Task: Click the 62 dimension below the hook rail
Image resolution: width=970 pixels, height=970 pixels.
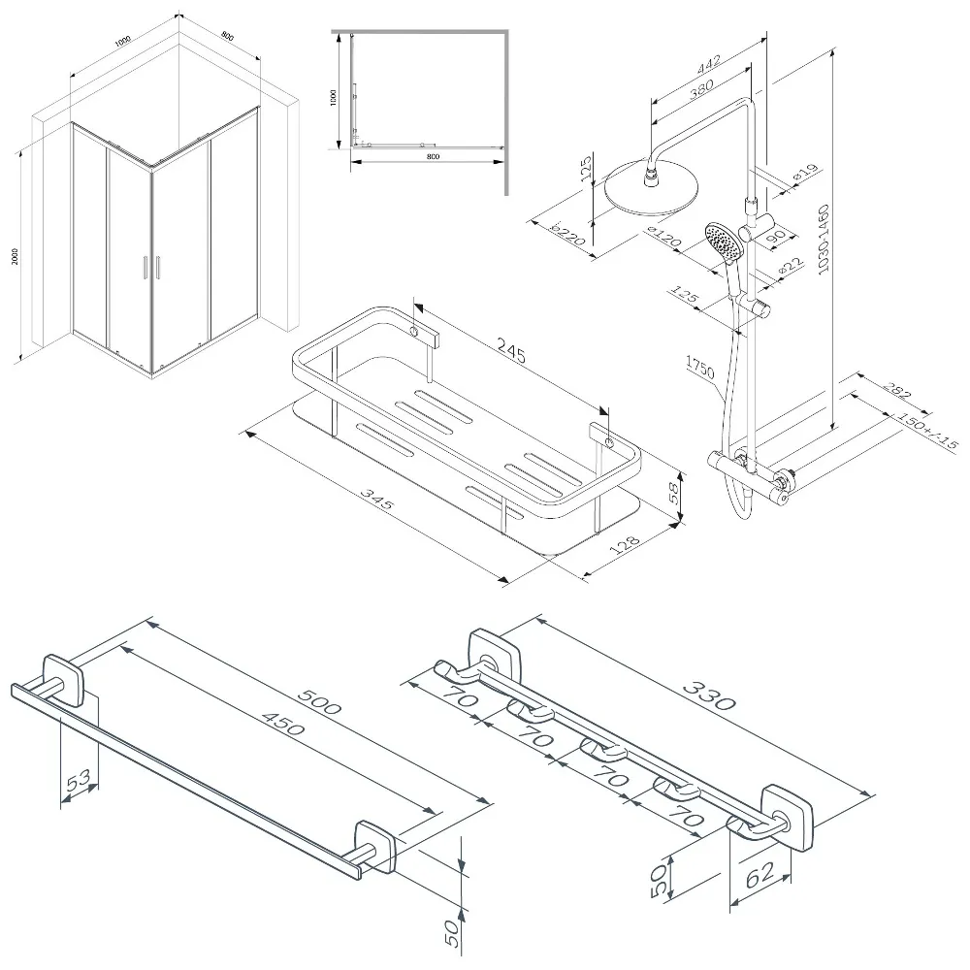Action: [761, 881]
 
